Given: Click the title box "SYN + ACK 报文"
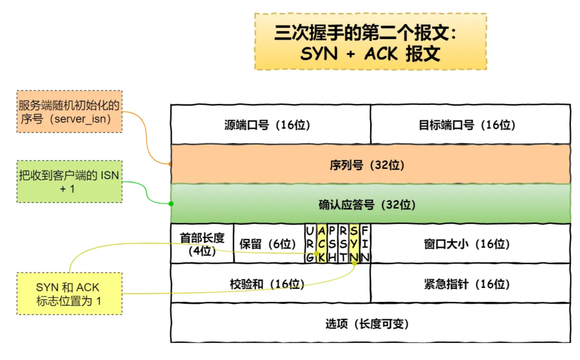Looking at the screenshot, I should tap(370, 42).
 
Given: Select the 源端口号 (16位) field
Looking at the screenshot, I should tap(270, 125).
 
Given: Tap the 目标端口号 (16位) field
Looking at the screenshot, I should tap(470, 125).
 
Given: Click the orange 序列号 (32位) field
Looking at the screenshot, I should tap(370, 164).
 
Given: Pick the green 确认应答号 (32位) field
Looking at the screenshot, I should tap(370, 204).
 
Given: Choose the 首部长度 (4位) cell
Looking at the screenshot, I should tap(202, 244).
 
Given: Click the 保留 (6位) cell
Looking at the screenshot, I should tap(269, 244).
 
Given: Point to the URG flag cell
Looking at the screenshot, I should tap(310, 244).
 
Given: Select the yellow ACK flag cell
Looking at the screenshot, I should tap(321, 244).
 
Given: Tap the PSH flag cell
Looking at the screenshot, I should tap(332, 244).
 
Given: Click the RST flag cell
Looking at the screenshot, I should tap(343, 244).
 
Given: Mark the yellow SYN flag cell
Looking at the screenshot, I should tap(354, 244).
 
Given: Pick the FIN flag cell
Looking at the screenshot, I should tap(365, 244).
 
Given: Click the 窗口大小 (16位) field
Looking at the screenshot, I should tap(470, 244).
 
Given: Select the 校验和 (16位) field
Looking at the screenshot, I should tap(270, 283).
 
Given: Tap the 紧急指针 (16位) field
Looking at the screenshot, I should tap(470, 283).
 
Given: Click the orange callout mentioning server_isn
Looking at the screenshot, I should tap(69, 112).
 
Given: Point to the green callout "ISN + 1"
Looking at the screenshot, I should tap(69, 182).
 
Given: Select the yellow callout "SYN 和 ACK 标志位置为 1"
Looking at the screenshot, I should tap(69, 294).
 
